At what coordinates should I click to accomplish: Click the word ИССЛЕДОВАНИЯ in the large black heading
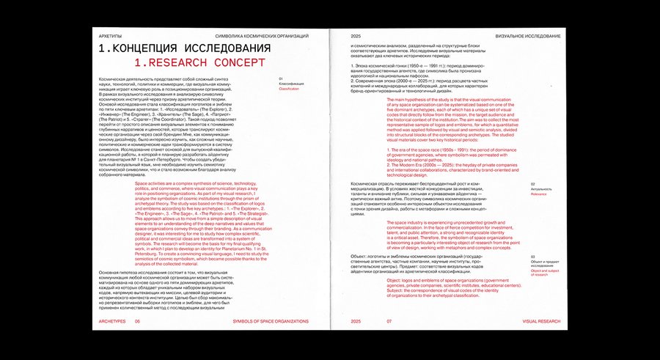(x=239, y=48)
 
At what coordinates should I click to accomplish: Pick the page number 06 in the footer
(x=137, y=321)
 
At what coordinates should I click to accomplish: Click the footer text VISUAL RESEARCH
(x=541, y=321)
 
